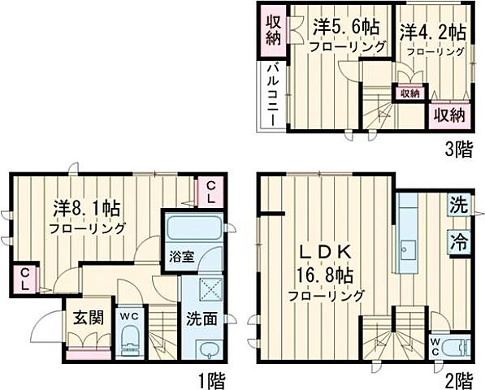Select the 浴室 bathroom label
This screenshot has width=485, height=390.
[181, 256]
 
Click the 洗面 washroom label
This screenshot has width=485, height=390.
[202, 318]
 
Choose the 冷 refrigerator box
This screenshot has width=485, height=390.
[459, 240]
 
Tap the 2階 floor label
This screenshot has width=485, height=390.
[457, 379]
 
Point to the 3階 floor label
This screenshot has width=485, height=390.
[457, 148]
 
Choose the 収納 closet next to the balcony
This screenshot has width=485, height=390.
[272, 31]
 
